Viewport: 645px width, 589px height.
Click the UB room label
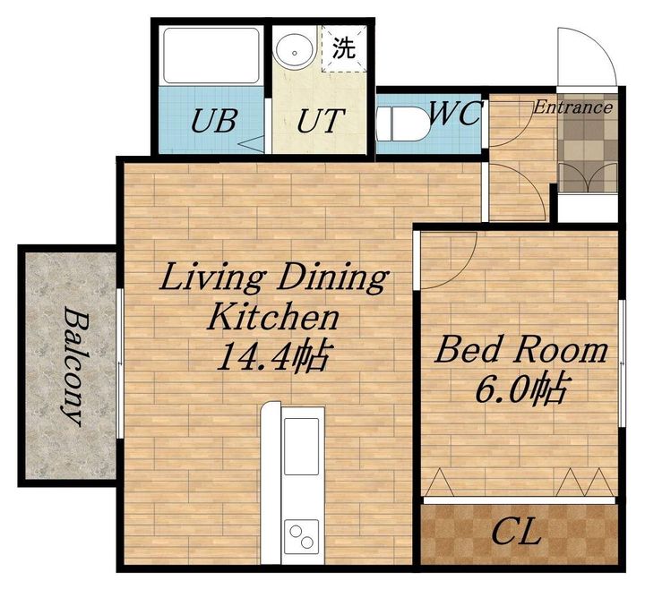(214, 120)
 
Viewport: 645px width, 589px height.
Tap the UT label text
(320, 120)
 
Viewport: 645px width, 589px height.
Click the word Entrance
(573, 107)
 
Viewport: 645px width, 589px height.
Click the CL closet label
(516, 532)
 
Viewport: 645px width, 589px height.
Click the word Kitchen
(273, 316)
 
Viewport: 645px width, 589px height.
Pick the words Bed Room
(520, 349)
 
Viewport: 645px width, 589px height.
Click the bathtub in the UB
(211, 55)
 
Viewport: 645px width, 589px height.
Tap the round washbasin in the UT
(295, 51)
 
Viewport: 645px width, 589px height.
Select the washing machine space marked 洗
(344, 48)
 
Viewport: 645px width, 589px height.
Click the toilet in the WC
(403, 124)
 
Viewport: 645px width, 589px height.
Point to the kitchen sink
(302, 446)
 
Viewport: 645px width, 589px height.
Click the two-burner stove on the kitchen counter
(302, 536)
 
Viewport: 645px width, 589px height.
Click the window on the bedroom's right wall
(623, 363)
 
